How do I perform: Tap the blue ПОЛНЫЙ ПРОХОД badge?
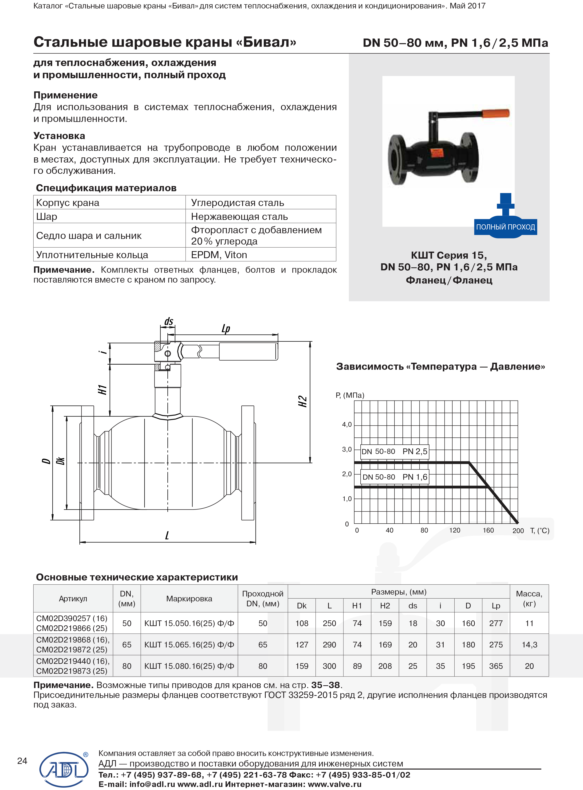pos(505,227)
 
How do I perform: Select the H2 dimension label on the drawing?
pos(303,401)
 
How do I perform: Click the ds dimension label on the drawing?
pos(169,321)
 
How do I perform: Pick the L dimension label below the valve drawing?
pos(167,535)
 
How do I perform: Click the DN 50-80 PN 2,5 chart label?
pos(394,451)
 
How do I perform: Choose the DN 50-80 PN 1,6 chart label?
pos(394,477)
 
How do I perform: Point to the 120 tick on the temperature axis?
pos(455,530)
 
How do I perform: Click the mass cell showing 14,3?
pos(529,645)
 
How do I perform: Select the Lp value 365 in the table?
pos(496,666)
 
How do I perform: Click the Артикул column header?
pos(73,599)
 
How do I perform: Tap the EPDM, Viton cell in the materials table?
pos(219,255)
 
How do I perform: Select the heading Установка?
pos(59,136)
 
